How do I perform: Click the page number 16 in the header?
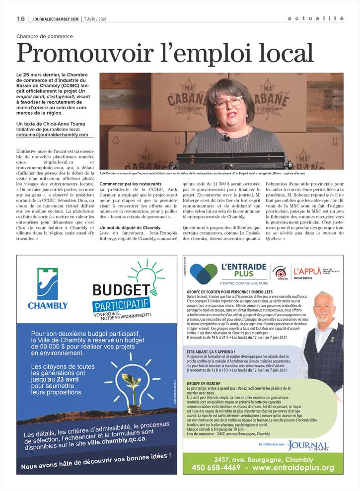coord(21,19)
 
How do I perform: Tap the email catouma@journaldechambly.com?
coord(52,135)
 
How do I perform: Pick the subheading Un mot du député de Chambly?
coord(130,227)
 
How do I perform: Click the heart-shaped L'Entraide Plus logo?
coord(204,274)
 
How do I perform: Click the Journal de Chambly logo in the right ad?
coord(308,446)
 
